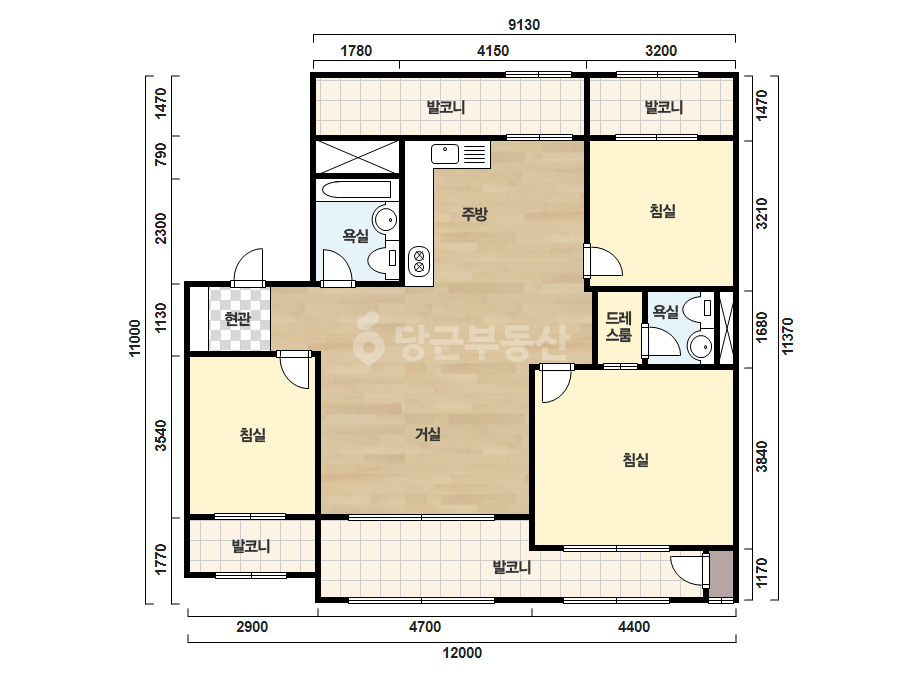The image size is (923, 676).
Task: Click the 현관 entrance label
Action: pyautogui.click(x=238, y=319)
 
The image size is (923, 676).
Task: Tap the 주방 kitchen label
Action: pyautogui.click(x=474, y=213)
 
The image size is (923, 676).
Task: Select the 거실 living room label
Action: pyautogui.click(x=428, y=434)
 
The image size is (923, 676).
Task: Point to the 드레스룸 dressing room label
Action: pyautogui.click(x=619, y=327)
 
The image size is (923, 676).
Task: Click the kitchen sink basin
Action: pyautogui.click(x=445, y=154)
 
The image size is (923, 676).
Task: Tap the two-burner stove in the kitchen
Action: pyautogui.click(x=419, y=261)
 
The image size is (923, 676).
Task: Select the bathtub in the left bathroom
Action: pyautogui.click(x=357, y=190)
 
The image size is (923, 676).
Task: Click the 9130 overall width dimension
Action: pyautogui.click(x=524, y=25)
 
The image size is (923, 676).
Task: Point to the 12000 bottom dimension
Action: pyautogui.click(x=462, y=652)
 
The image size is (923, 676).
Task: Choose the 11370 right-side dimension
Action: pyautogui.click(x=788, y=336)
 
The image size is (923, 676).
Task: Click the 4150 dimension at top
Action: pyautogui.click(x=493, y=51)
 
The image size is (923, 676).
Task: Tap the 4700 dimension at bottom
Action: pyautogui.click(x=425, y=627)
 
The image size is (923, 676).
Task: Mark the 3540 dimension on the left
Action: pyautogui.click(x=160, y=436)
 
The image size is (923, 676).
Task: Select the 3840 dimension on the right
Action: pyautogui.click(x=762, y=456)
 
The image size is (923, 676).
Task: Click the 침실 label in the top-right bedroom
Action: pyautogui.click(x=662, y=211)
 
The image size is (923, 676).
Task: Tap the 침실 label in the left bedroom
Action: pyautogui.click(x=253, y=435)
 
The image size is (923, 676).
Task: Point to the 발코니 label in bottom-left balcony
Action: pyautogui.click(x=251, y=546)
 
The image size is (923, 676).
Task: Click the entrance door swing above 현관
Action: pyautogui.click(x=248, y=267)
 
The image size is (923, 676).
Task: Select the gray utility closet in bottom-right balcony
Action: pyautogui.click(x=721, y=574)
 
